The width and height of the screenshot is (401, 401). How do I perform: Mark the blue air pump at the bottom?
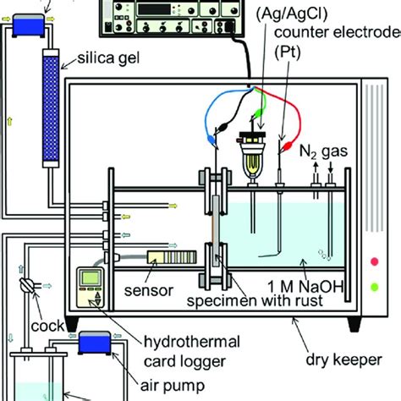point(89,342)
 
